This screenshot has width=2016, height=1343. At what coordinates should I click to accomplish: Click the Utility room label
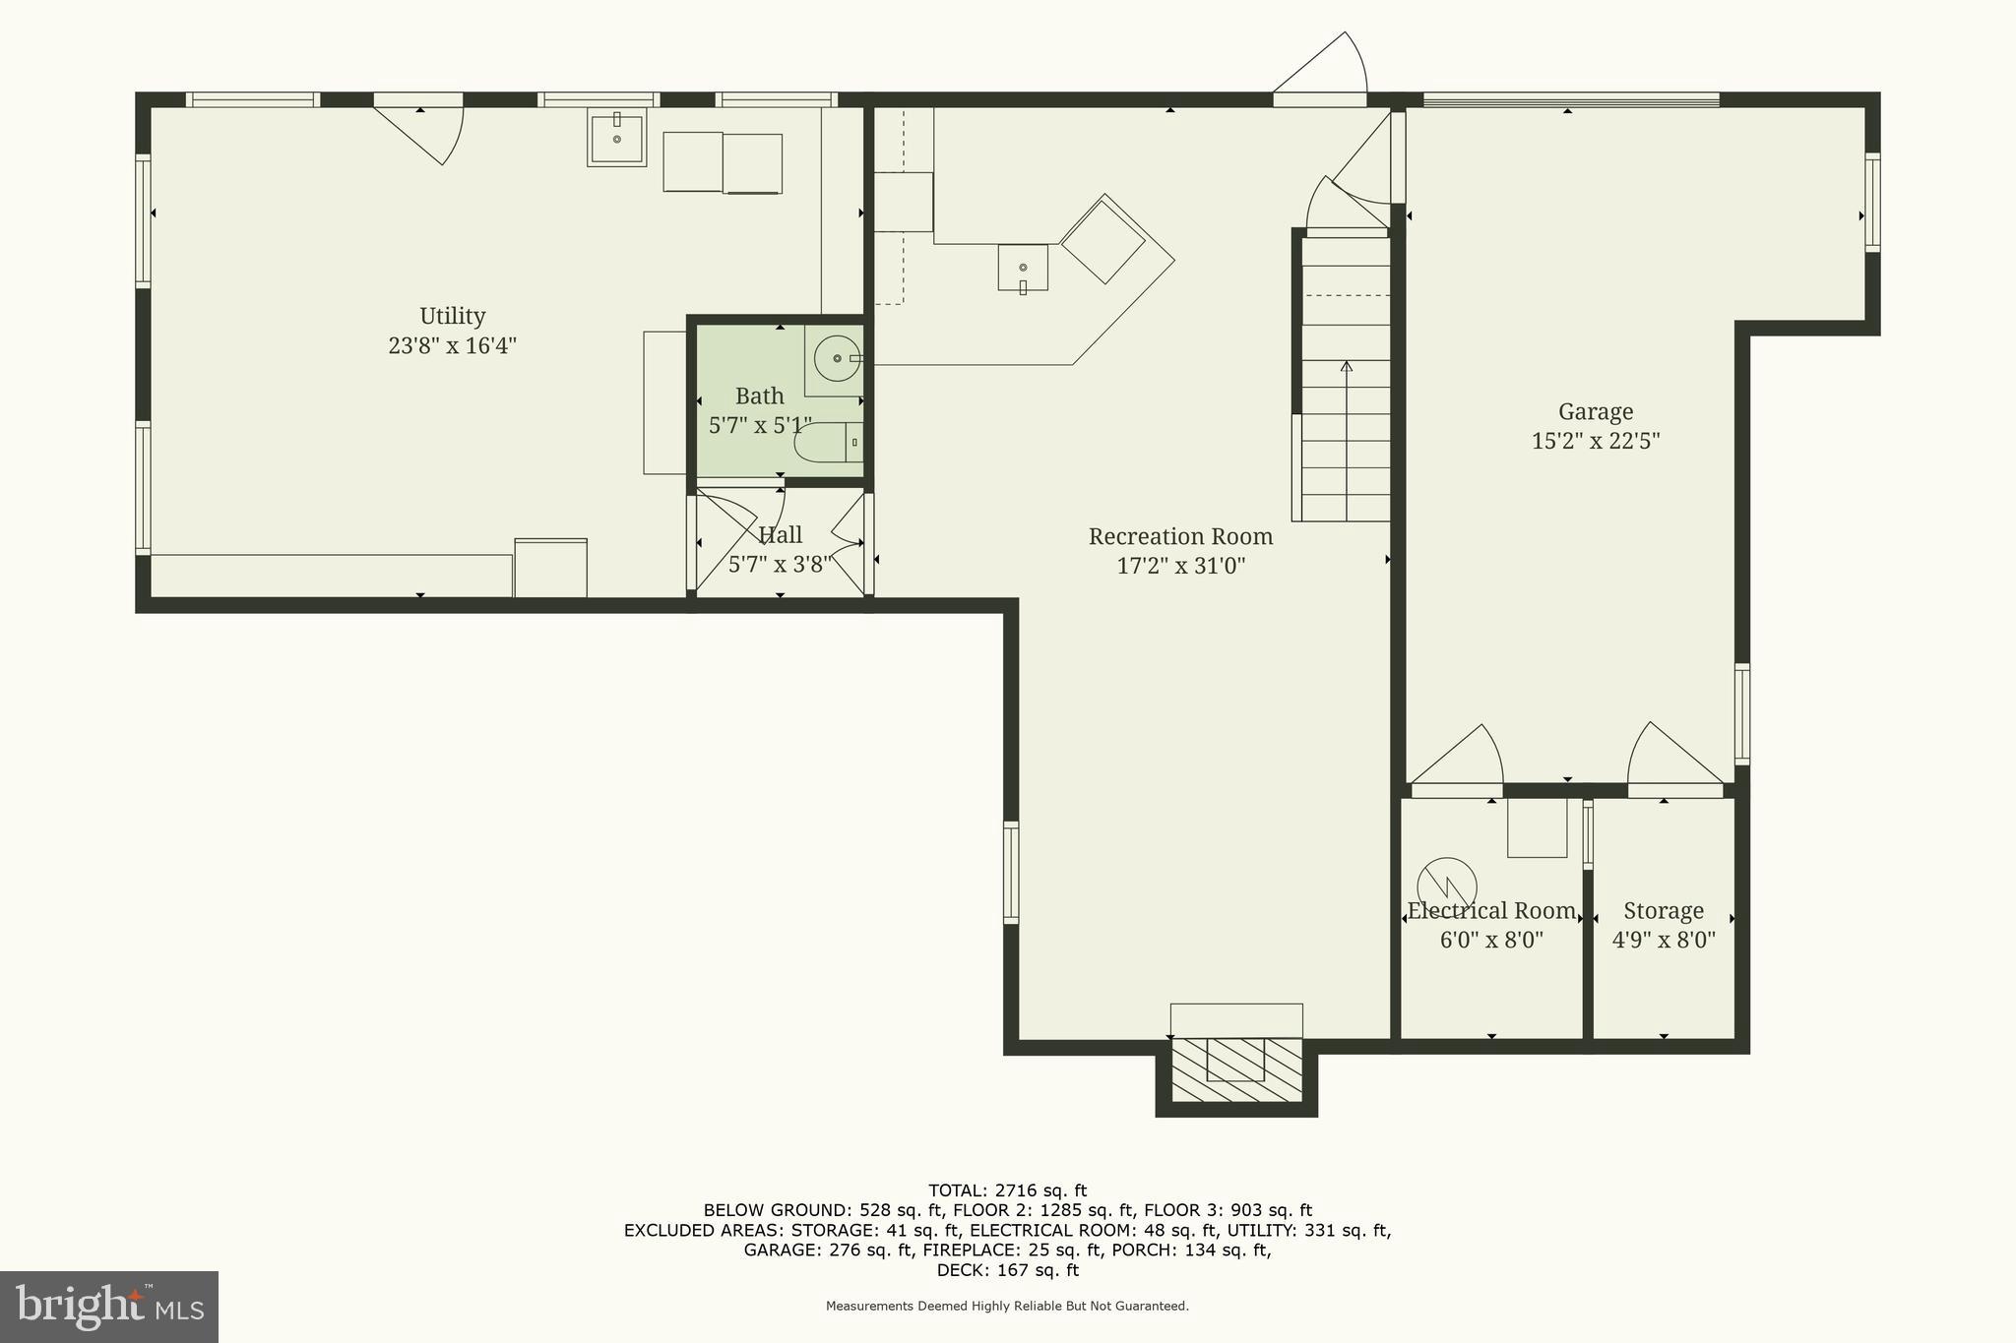(452, 316)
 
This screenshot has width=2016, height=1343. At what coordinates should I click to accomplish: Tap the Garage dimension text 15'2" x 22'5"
(1595, 441)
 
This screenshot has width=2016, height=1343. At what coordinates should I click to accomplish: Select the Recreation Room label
(1180, 537)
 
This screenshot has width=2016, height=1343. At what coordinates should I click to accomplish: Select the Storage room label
(1664, 911)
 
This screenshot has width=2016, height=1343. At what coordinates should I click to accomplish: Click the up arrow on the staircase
(1346, 369)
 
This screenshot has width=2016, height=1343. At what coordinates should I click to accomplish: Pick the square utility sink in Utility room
(616, 139)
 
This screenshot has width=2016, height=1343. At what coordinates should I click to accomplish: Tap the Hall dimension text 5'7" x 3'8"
(780, 565)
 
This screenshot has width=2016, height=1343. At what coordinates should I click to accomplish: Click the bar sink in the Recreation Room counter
(1023, 268)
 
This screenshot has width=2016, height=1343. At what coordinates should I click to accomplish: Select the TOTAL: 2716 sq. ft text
(1007, 1190)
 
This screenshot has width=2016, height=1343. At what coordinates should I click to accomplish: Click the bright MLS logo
(108, 1307)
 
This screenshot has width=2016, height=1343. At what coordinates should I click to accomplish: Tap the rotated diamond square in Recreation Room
(1102, 240)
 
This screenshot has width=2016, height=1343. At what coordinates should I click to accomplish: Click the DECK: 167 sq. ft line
(1007, 1270)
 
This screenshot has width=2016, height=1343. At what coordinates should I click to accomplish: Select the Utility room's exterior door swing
(423, 133)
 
